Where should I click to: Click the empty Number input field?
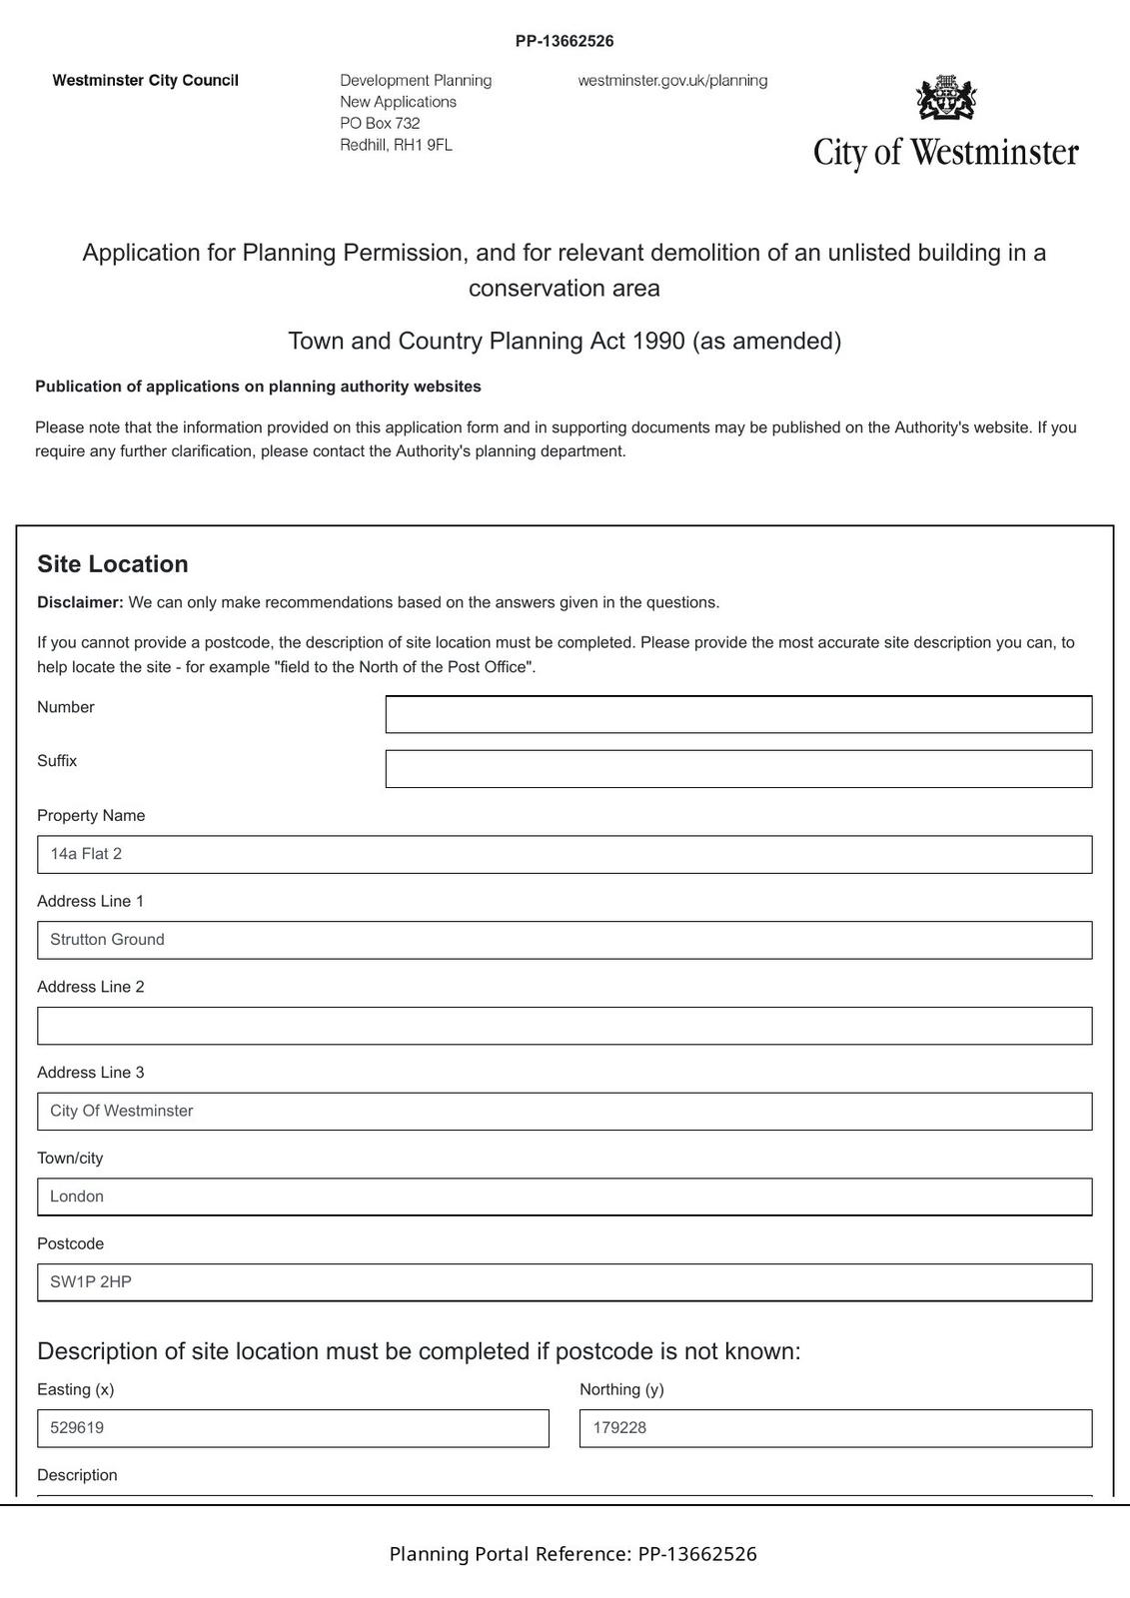(x=738, y=714)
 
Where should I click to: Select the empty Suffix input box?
(x=738, y=769)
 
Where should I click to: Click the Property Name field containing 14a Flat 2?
(x=565, y=855)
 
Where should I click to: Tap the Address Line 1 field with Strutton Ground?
(x=565, y=940)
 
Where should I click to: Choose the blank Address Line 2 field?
(x=565, y=1026)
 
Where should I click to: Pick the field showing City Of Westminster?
(x=565, y=1112)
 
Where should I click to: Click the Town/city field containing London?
(x=565, y=1197)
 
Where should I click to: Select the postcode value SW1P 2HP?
(x=91, y=1282)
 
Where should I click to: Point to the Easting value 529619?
(x=77, y=1428)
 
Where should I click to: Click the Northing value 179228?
(x=619, y=1428)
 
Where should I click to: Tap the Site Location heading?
(x=113, y=564)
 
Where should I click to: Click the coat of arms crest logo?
(x=946, y=99)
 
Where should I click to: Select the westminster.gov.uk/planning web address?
(x=672, y=81)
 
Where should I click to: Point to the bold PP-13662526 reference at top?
(x=565, y=41)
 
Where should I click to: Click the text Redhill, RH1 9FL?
(x=396, y=145)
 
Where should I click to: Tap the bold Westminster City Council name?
(x=146, y=81)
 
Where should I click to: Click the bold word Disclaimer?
(x=80, y=603)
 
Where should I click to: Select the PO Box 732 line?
(x=380, y=124)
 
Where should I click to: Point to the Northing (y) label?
(x=621, y=1389)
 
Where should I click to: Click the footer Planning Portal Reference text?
(x=572, y=1554)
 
